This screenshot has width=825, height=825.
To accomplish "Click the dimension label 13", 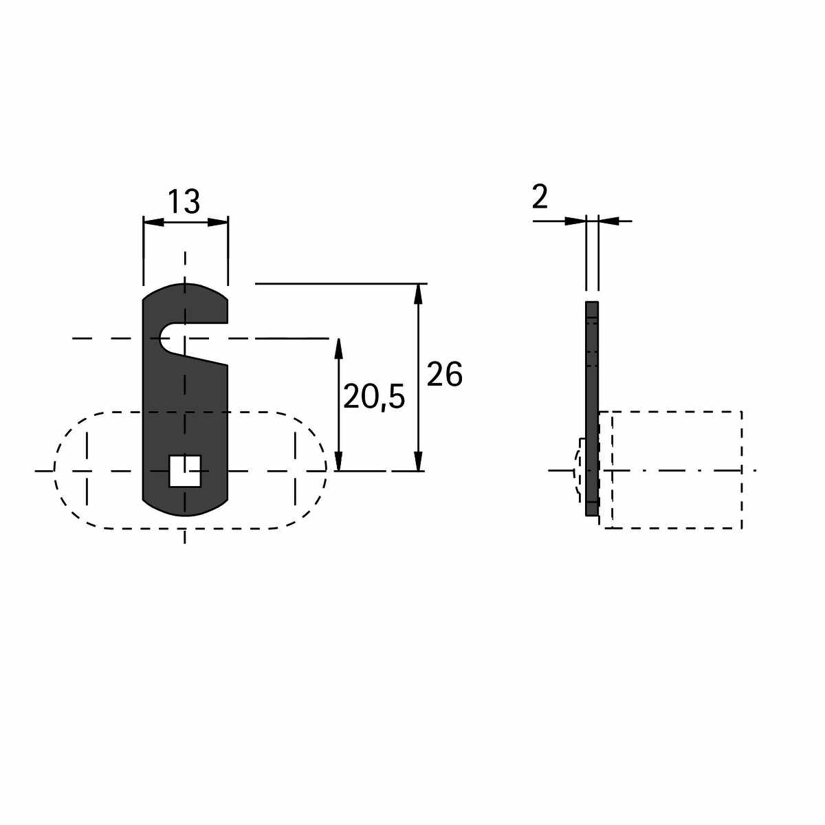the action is click(x=184, y=201).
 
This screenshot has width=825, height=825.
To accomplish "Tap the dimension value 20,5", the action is click(x=374, y=397).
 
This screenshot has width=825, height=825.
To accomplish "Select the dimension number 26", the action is click(x=444, y=374).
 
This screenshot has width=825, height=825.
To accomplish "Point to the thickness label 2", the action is click(x=540, y=197).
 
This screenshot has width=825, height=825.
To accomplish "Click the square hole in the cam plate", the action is click(x=185, y=471).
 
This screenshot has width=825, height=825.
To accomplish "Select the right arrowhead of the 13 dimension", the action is click(x=217, y=222).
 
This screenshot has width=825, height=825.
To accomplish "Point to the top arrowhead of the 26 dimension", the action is click(x=418, y=294).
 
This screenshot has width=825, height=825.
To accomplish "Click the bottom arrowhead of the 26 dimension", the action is click(x=418, y=461).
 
